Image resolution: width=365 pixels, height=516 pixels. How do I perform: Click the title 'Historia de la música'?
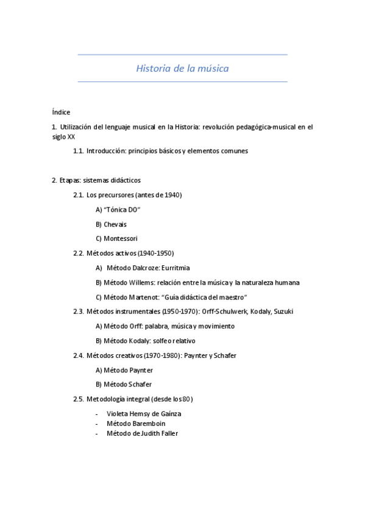(182, 69)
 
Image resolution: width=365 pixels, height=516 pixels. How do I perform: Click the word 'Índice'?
(61, 112)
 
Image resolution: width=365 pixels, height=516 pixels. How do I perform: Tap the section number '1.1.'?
(78, 151)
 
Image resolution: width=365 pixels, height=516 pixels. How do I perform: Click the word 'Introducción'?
(106, 151)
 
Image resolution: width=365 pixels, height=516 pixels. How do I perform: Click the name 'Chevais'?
(115, 224)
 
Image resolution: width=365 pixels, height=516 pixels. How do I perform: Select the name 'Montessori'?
(122, 239)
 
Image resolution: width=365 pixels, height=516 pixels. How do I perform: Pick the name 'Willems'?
(141, 282)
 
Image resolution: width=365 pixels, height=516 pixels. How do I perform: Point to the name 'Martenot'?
(144, 297)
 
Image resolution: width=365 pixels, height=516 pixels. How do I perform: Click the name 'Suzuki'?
(282, 312)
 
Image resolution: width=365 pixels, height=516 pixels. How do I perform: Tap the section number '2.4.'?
(78, 355)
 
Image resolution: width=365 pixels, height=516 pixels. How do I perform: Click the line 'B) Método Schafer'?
(124, 385)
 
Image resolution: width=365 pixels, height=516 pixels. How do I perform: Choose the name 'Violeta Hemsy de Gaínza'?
(143, 414)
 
